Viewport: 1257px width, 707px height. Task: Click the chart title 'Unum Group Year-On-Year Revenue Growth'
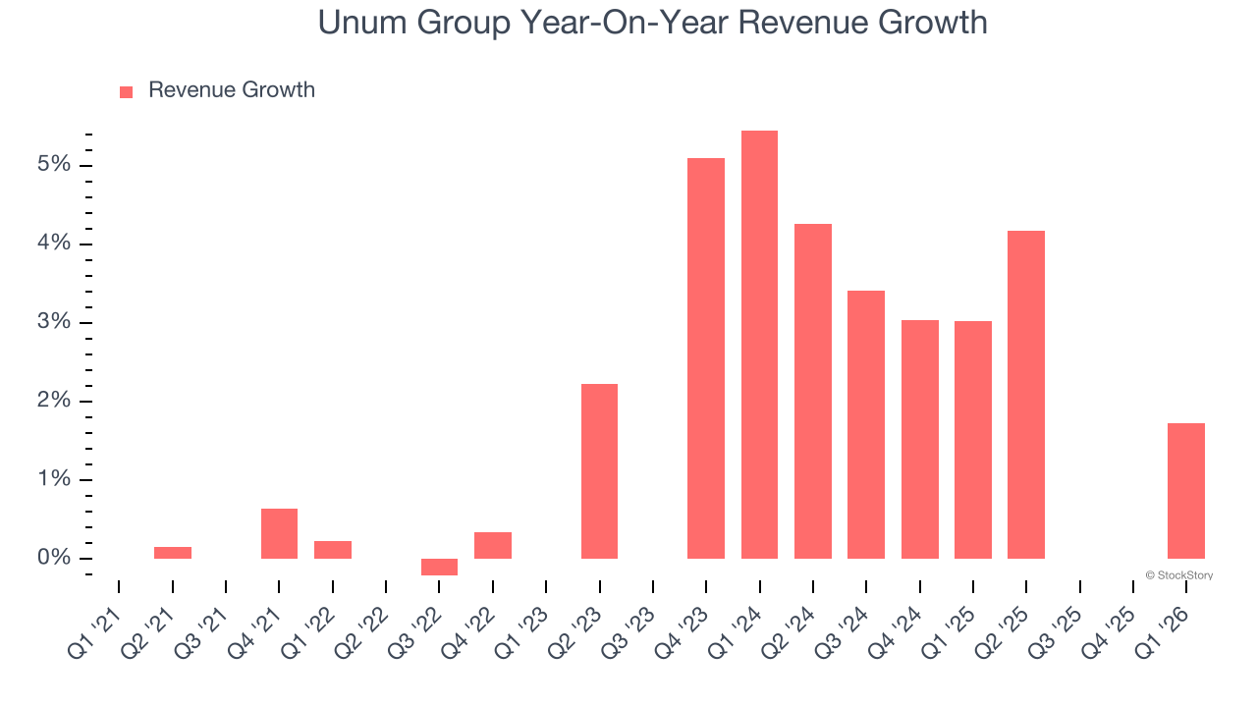(652, 23)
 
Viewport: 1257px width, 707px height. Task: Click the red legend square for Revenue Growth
(126, 91)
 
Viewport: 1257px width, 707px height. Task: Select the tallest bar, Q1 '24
(759, 344)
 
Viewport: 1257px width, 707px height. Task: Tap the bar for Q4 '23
(706, 357)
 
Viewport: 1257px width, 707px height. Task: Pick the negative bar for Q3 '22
(439, 567)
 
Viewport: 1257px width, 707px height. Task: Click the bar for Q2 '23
(599, 470)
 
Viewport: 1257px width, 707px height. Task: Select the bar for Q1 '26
(1185, 490)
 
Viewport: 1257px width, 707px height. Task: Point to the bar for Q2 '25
(1025, 394)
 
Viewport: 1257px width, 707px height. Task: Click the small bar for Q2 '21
(173, 553)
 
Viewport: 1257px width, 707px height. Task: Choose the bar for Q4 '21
(279, 533)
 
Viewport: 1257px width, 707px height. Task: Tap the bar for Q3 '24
(866, 424)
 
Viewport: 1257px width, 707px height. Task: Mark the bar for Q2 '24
(813, 391)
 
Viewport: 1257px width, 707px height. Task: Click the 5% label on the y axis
(54, 164)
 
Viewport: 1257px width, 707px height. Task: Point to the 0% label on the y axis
(54, 558)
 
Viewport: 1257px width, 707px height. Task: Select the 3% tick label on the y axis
(54, 322)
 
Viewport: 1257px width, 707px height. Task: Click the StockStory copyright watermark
(1178, 575)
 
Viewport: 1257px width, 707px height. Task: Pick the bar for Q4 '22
(493, 545)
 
